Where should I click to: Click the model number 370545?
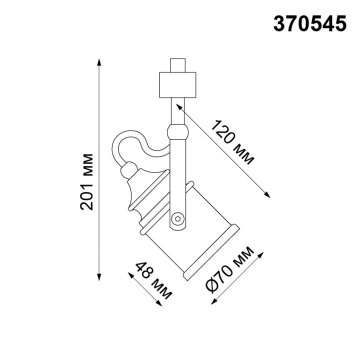[x=309, y=24]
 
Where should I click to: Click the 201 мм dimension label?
[x=87, y=182]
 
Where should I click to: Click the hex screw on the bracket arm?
[x=177, y=218]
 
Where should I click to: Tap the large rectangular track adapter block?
[x=177, y=84]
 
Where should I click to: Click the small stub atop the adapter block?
[x=177, y=65]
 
